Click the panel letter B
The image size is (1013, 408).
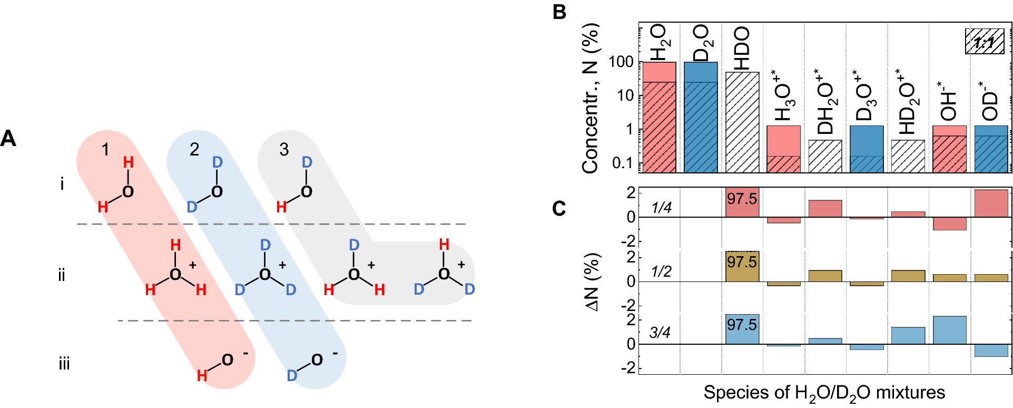[x=559, y=12]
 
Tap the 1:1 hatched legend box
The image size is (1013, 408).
[x=984, y=42]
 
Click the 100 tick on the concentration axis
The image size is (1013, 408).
[x=621, y=62]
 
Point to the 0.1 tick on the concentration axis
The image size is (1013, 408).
[x=622, y=163]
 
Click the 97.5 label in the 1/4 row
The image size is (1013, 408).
[x=742, y=199]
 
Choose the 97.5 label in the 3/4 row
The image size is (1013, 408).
[x=742, y=325]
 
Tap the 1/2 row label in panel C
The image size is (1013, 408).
[x=661, y=271]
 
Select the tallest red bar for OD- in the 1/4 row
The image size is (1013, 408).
[x=991, y=203]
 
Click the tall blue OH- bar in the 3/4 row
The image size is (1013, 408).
[x=949, y=330]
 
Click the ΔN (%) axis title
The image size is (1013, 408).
[x=593, y=282]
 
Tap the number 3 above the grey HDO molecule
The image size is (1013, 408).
[x=284, y=149]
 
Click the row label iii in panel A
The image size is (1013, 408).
[x=64, y=364]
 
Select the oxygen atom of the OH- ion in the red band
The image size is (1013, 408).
[x=227, y=360]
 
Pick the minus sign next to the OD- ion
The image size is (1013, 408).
[x=335, y=353]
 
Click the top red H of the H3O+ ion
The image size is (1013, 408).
[x=175, y=245]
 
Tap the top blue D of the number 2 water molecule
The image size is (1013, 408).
[x=217, y=162]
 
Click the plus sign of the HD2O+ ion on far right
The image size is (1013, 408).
[x=461, y=265]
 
